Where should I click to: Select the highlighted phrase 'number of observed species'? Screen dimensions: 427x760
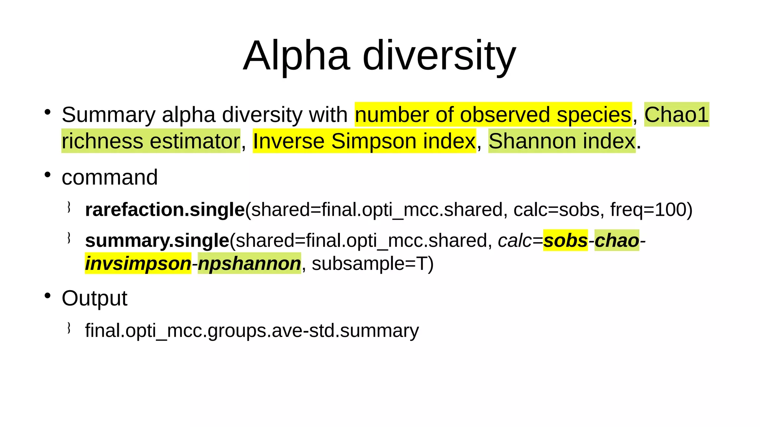(x=493, y=115)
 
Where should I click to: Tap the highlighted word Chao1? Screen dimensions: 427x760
(x=677, y=115)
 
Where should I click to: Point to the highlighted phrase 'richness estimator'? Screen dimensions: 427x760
(x=151, y=141)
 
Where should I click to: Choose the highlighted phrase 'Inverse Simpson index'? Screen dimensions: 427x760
(x=364, y=141)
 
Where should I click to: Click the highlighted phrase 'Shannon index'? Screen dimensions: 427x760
(x=562, y=141)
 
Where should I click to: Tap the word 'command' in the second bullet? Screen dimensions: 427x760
(x=110, y=177)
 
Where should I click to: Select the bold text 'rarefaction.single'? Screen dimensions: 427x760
(x=165, y=210)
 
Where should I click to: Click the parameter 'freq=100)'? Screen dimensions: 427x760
(x=651, y=210)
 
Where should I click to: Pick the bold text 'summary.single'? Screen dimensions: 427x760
(x=157, y=241)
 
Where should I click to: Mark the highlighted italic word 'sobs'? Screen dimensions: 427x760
(x=566, y=241)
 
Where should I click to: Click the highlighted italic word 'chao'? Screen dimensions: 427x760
(x=617, y=241)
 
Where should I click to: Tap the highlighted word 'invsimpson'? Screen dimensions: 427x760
(x=138, y=264)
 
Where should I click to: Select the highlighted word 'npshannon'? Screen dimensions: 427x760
(x=249, y=264)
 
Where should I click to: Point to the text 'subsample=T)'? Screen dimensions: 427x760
(x=373, y=264)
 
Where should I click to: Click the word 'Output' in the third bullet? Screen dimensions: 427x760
(x=95, y=298)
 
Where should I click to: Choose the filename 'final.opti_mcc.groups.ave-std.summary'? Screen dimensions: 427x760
(x=252, y=331)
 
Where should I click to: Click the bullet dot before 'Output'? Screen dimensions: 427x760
(x=47, y=296)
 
